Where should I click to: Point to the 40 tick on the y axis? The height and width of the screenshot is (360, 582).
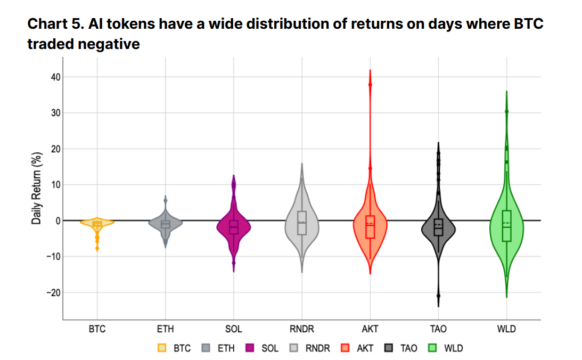[55, 77]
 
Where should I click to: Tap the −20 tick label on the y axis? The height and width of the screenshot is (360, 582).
[53, 292]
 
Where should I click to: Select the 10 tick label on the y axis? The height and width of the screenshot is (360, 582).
[55, 185]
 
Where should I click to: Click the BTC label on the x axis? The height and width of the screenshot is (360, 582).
[97, 329]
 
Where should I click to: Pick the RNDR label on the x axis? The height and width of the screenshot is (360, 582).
[302, 329]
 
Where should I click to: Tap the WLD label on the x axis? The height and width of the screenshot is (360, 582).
[506, 329]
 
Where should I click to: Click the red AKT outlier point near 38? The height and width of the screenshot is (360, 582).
[370, 85]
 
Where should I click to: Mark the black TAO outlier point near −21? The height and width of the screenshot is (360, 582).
[438, 296]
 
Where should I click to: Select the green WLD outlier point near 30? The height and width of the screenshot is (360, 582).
[506, 111]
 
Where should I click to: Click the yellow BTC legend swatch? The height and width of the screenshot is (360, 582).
[162, 348]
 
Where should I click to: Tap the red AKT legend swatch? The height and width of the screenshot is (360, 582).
[345, 348]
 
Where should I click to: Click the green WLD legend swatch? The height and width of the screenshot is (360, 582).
[433, 348]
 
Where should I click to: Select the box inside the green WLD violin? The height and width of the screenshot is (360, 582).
[506, 226]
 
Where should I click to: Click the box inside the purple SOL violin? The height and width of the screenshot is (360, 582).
[234, 227]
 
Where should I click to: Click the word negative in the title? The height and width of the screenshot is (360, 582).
[109, 44]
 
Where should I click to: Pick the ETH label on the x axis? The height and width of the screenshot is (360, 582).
[166, 329]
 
